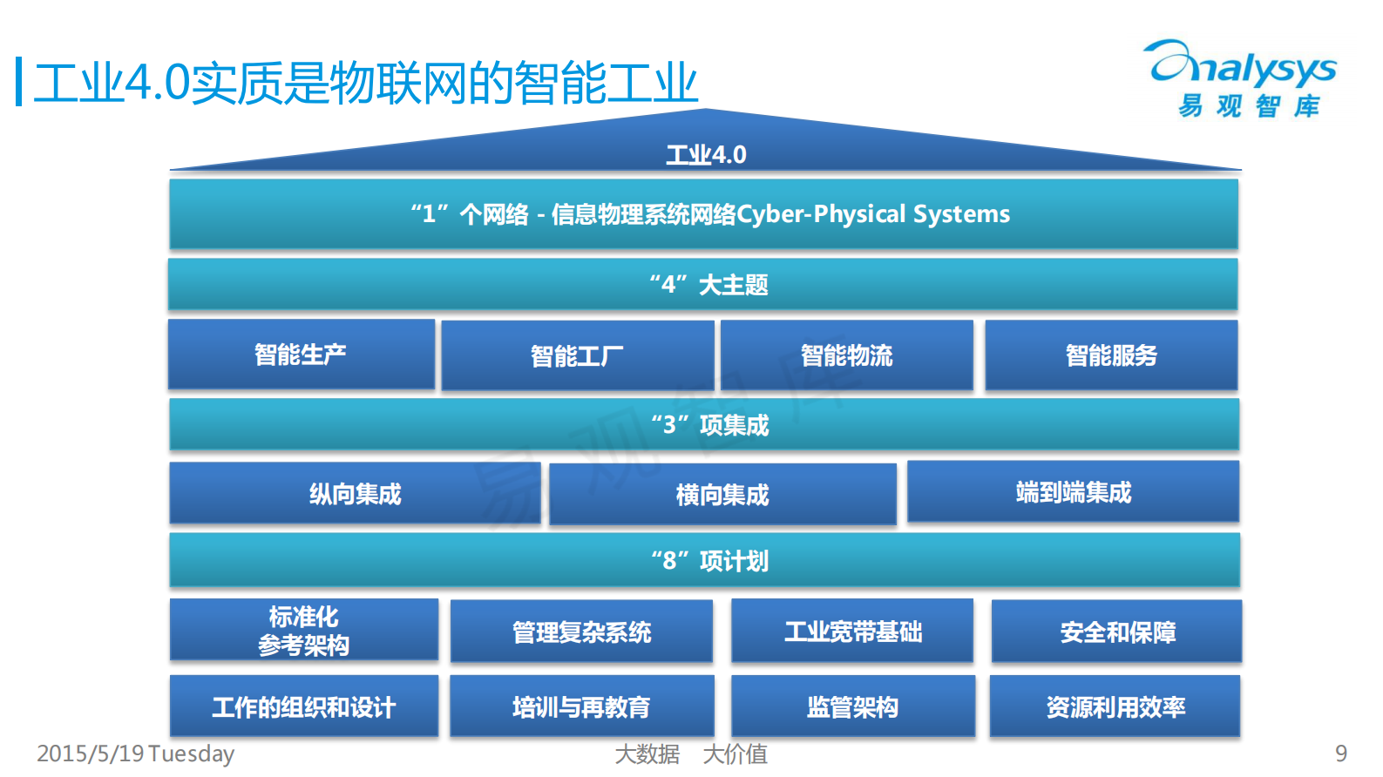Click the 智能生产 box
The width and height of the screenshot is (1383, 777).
(x=301, y=355)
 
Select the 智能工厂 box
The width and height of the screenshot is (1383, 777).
(x=577, y=356)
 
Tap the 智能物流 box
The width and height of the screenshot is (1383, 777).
(x=846, y=355)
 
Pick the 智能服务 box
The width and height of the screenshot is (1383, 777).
(x=1111, y=355)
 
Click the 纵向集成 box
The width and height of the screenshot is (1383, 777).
(x=355, y=494)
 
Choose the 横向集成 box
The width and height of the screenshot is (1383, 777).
(x=722, y=495)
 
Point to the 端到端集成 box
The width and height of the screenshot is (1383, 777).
(x=1073, y=492)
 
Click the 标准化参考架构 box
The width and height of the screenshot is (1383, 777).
(x=303, y=631)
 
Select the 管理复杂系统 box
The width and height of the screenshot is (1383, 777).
(x=581, y=632)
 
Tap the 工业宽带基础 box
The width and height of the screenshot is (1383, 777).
(x=852, y=632)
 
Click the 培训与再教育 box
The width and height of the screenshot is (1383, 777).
(x=581, y=706)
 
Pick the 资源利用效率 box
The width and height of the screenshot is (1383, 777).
(x=1115, y=706)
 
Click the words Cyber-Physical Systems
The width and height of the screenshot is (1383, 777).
(x=873, y=214)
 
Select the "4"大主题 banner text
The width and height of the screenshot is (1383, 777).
(x=708, y=285)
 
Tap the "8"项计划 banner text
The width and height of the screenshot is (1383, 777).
(x=709, y=561)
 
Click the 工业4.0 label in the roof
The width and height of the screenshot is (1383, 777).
(x=706, y=155)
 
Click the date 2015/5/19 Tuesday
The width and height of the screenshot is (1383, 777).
(x=136, y=753)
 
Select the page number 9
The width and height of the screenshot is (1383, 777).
(x=1340, y=753)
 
